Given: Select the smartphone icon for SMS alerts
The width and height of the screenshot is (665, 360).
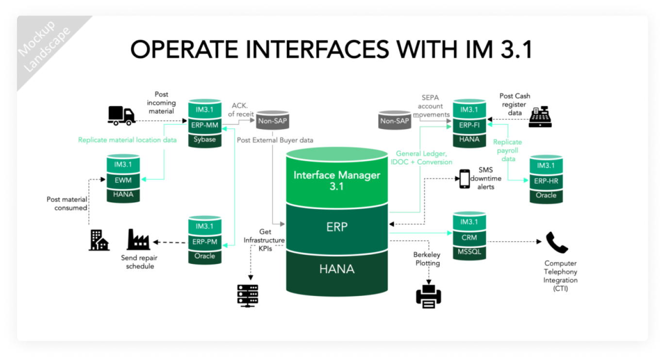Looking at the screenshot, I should pos(465,179).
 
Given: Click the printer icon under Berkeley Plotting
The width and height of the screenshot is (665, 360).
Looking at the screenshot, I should pos(429,295).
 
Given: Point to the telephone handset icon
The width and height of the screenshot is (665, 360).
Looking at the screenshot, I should pos(557,243).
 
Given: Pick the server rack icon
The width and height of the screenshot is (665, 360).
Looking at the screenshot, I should pos(248,295).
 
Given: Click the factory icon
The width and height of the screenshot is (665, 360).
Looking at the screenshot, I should pos(138,239).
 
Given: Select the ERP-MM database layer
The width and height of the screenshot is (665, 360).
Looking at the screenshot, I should pos(205,125).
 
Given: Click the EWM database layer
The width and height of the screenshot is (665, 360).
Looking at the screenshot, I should pos(123,180).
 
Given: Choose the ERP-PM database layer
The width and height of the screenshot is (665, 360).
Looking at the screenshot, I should pos(204,241).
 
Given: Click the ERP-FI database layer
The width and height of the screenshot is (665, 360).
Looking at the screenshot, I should pos(469,125).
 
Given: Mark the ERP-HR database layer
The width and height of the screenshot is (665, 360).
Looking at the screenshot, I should pos(546,180).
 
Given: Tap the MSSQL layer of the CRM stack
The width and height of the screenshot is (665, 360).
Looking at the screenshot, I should pos(469,251).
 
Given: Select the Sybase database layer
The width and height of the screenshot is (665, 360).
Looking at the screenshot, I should pos(205,140).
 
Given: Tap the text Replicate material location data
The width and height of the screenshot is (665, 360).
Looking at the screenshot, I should pos(127,140).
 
